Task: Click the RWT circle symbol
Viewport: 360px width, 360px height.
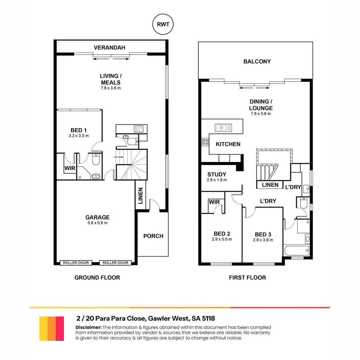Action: click(163, 25)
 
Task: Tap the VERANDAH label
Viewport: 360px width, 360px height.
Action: click(109, 48)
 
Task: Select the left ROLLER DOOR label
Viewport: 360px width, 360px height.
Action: click(76, 263)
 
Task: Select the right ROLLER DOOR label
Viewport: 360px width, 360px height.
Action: click(115, 263)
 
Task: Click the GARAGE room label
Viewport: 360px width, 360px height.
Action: click(97, 217)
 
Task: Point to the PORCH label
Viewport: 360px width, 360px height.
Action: click(153, 236)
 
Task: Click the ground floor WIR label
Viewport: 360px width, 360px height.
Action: click(70, 168)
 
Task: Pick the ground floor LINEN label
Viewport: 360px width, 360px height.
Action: click(141, 196)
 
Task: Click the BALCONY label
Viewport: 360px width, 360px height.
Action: click(257, 61)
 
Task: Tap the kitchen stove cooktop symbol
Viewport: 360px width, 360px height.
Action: click(205, 142)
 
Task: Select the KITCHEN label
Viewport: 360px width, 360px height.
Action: click(228, 144)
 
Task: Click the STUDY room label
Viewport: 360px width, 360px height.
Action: click(217, 174)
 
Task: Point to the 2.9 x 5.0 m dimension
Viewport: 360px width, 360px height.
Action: click(222, 239)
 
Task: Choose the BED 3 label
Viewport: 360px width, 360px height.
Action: click(264, 234)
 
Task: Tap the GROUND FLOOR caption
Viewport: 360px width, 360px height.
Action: click(97, 277)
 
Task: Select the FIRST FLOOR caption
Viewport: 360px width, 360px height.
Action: click(247, 277)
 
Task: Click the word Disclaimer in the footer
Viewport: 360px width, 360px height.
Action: click(89, 327)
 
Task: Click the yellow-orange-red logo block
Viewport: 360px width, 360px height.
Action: click(51, 329)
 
